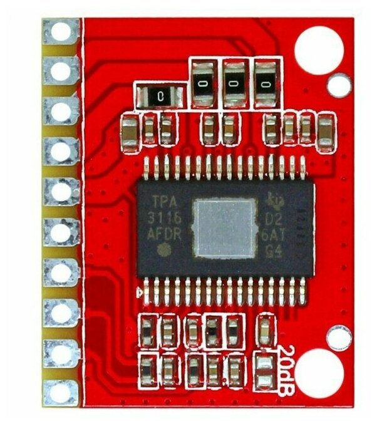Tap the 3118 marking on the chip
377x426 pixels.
(x=167, y=219)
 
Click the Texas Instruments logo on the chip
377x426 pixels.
(x=274, y=200)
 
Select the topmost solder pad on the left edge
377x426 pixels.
(x=61, y=31)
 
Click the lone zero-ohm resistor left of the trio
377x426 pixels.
(x=160, y=96)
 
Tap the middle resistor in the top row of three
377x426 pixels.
(x=234, y=83)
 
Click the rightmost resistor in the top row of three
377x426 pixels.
(x=266, y=83)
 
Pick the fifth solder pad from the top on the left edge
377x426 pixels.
(x=61, y=192)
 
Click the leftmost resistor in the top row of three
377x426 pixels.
(x=202, y=83)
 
